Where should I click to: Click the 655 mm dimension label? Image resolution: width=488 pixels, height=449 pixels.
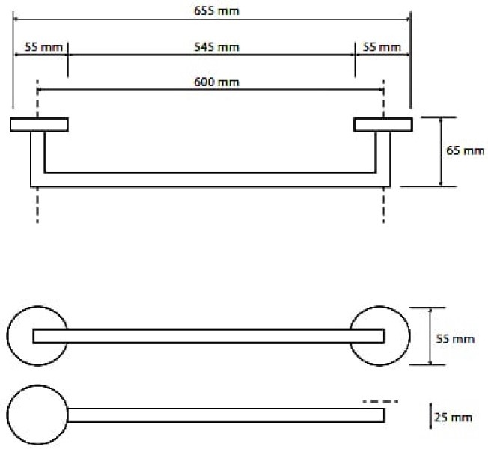pyautogui.click(x=216, y=11)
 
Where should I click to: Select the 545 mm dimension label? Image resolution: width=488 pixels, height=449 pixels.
pyautogui.click(x=216, y=47)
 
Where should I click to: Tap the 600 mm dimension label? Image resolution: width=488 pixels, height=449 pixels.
pyautogui.click(x=216, y=82)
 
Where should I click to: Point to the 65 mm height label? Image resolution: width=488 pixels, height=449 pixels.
pyautogui.click(x=466, y=151)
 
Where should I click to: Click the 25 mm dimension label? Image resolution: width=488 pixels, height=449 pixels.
pyautogui.click(x=453, y=418)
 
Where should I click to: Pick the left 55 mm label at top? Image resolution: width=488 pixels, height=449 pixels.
pyautogui.click(x=43, y=47)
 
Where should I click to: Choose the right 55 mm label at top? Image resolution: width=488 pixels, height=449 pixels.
pyautogui.click(x=382, y=47)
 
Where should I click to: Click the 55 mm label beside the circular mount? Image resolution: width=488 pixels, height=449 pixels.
pyautogui.click(x=455, y=339)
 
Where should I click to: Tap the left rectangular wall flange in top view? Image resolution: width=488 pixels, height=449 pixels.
pyautogui.click(x=39, y=125)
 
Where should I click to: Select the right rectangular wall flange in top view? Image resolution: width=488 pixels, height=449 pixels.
pyautogui.click(x=383, y=125)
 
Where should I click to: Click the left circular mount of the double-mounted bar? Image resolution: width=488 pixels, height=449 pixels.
pyautogui.click(x=8, y=336)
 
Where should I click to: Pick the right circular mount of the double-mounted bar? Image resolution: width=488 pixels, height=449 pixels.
pyautogui.click(x=409, y=336)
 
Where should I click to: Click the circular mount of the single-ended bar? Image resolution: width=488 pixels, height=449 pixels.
pyautogui.click(x=8, y=415)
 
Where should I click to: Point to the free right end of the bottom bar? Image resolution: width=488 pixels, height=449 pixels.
pyautogui.click(x=385, y=415)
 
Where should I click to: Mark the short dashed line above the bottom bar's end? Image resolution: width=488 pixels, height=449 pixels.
pyautogui.click(x=380, y=401)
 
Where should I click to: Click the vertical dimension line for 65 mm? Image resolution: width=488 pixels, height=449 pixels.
pyautogui.click(x=441, y=152)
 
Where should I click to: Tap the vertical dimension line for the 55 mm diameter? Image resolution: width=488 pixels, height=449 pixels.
pyautogui.click(x=430, y=336)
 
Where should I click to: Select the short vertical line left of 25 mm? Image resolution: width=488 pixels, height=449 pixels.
pyautogui.click(x=430, y=416)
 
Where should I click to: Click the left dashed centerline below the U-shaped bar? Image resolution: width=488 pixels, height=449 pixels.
pyautogui.click(x=37, y=205)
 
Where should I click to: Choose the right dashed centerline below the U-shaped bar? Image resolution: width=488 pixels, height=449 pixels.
pyautogui.click(x=383, y=205)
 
